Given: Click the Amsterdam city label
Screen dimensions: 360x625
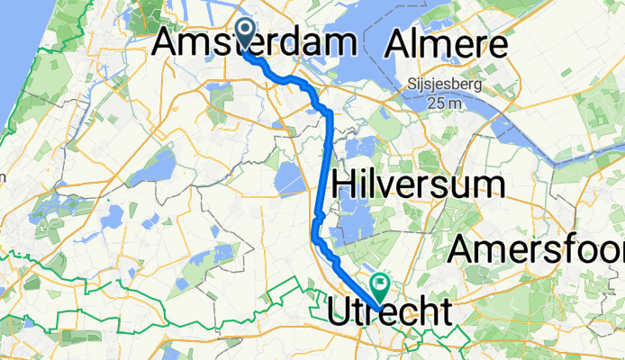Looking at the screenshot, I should (x=255, y=41).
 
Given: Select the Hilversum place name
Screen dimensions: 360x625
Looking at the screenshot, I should (x=417, y=184).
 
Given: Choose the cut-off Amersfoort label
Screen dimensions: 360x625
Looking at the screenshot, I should (x=539, y=248).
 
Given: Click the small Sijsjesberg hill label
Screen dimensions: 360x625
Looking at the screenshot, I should (x=443, y=85).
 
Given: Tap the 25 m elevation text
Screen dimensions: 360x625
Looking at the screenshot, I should (x=443, y=103).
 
